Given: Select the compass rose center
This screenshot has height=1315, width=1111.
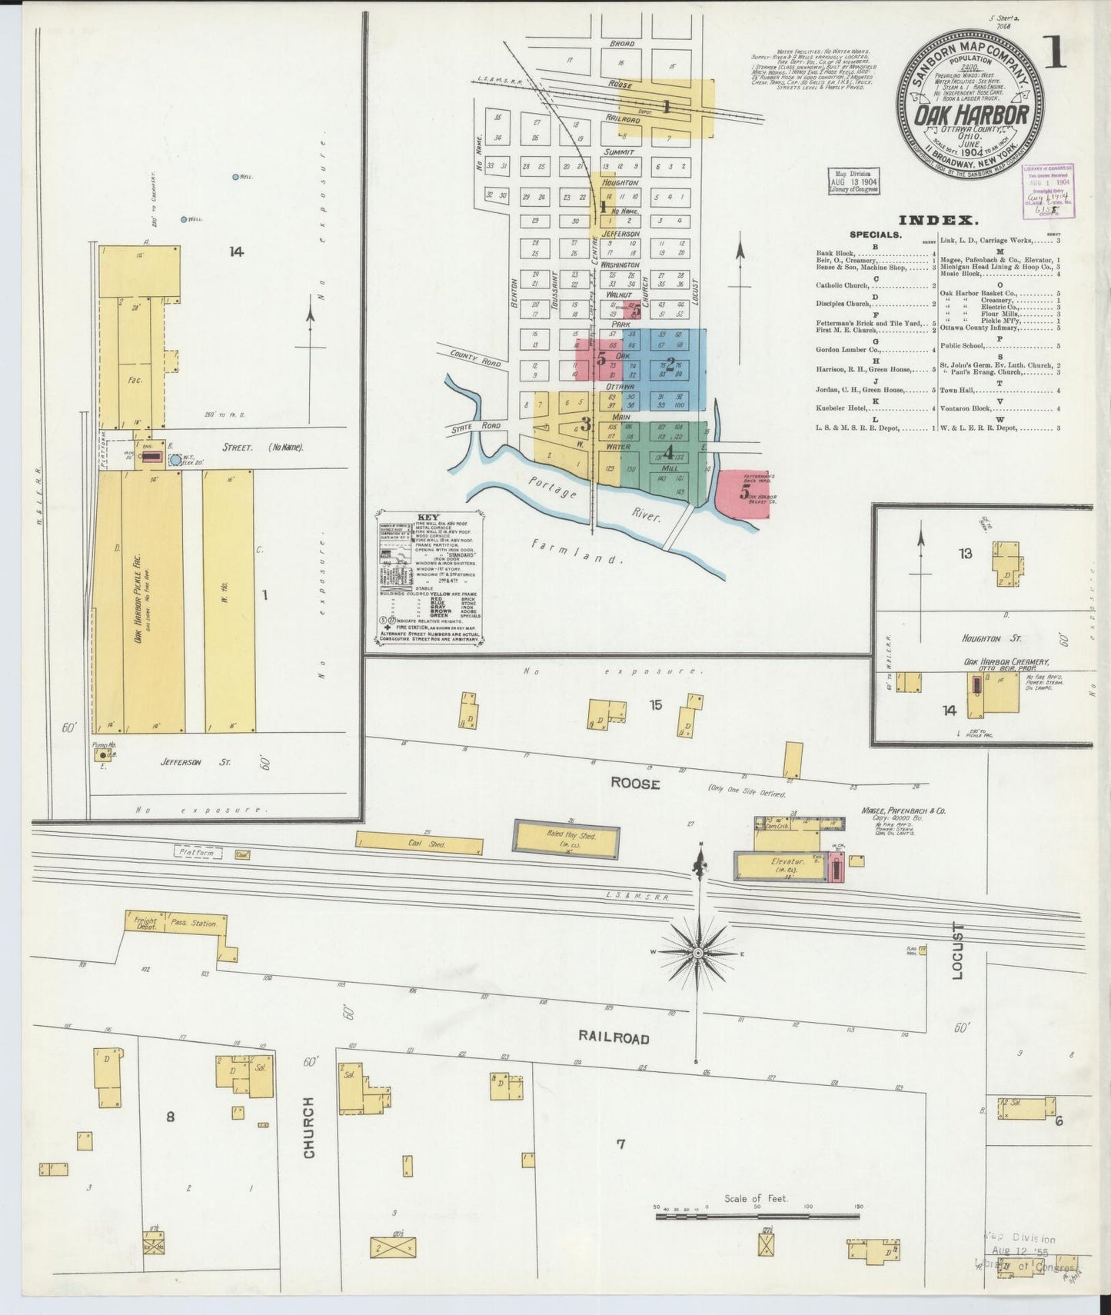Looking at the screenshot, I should tap(698, 953).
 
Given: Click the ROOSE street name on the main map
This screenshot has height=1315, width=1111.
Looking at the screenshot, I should tap(635, 784).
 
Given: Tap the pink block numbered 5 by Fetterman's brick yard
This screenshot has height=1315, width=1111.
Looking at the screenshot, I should tap(743, 494).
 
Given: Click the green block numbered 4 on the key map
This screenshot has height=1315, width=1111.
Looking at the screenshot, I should tap(669, 451).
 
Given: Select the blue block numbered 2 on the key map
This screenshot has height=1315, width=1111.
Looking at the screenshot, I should tap(670, 363).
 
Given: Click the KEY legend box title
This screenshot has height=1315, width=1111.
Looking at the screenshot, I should tap(427, 518).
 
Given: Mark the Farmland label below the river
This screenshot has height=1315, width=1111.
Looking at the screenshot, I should tap(576, 551).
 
